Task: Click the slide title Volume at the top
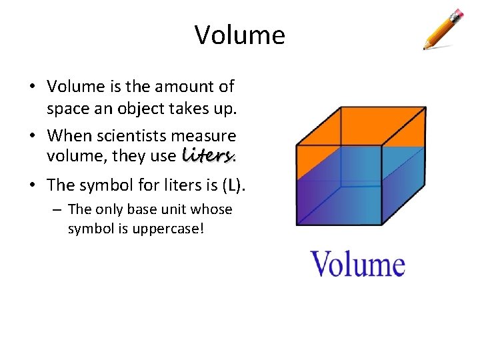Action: coord(240,35)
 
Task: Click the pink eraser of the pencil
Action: coord(458,13)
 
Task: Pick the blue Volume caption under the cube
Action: coord(358,264)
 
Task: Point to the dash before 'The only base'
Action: coord(58,210)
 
